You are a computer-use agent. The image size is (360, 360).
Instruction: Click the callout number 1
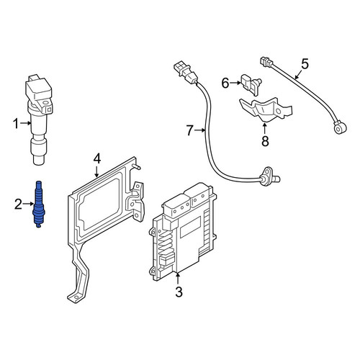pos(16,124)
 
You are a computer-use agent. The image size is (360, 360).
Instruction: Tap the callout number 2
pos(18,204)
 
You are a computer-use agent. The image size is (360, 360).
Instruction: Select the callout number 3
pos(179,292)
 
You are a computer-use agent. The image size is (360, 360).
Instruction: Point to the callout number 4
pos(97,158)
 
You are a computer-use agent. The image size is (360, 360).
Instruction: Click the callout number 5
pos(305,64)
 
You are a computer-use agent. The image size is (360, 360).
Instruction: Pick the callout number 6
pos(225,84)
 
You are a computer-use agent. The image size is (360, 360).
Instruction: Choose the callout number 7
pos(189,131)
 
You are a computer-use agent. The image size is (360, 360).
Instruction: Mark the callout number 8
pos(265,141)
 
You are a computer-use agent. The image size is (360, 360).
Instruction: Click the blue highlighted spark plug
pos(39,204)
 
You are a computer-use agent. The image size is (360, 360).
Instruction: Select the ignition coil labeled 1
pos(39,120)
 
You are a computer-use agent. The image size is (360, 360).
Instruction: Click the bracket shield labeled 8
pos(266,109)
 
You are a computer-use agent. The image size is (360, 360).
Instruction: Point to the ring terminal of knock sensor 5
pos(341,127)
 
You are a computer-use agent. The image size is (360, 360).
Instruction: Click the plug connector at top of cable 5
pos(266,61)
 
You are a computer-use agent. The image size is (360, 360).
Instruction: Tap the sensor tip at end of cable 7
pos(270,178)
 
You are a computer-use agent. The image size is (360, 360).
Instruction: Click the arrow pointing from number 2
pos(28,204)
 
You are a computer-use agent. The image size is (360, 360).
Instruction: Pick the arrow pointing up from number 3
pos(178,279)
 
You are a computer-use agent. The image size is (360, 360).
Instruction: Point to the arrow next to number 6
pos(235,83)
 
